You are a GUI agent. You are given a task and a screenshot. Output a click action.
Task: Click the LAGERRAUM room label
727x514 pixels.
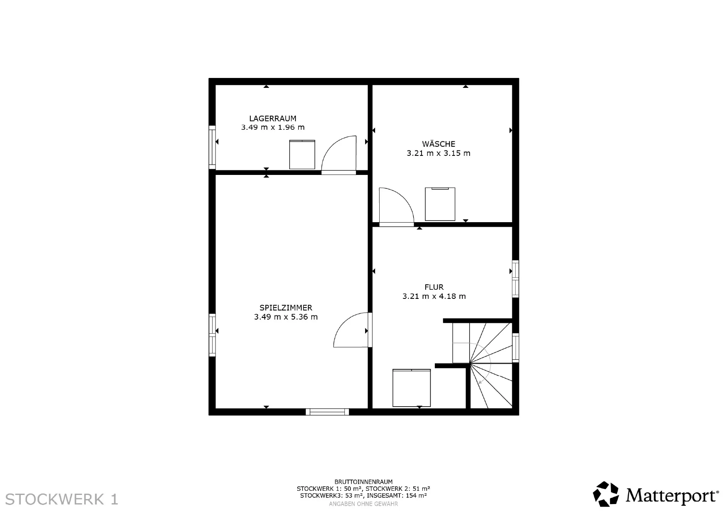[x=273, y=119]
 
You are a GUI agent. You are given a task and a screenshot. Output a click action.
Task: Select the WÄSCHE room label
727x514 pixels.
[x=439, y=144]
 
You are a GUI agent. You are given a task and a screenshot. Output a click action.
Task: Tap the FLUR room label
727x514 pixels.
[x=434, y=287]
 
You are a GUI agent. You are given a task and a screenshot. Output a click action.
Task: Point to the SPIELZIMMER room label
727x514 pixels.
[x=286, y=308]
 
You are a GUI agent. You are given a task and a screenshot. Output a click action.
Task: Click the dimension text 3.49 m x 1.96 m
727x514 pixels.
[x=273, y=127]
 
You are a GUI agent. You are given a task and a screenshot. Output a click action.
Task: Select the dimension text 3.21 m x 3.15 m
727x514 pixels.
[x=439, y=153]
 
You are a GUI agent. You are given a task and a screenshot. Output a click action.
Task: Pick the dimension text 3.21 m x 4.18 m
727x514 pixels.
[x=434, y=296]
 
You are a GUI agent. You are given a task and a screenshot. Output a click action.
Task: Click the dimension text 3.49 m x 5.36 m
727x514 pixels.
[x=286, y=317]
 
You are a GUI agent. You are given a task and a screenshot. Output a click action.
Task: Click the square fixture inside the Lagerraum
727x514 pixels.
[x=302, y=155]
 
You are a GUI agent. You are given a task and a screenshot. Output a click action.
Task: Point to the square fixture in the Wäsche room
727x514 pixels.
[x=440, y=204]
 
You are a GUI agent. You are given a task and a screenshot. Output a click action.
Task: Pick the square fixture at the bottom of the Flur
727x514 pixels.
[x=412, y=388]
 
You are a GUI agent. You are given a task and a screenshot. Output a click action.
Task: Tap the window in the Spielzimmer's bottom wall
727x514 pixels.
[x=327, y=412]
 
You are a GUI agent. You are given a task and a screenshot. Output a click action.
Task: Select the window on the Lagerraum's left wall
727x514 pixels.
[x=212, y=147]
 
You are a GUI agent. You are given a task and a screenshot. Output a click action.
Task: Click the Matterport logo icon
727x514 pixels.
[x=606, y=494]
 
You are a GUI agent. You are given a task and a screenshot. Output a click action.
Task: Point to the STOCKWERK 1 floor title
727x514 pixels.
[x=62, y=499]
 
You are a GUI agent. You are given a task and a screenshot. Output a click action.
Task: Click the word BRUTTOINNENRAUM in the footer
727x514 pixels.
[x=363, y=482]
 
